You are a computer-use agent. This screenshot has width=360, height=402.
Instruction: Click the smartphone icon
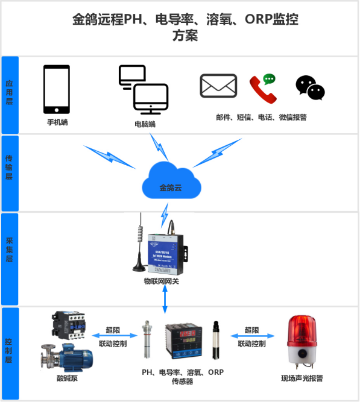56,89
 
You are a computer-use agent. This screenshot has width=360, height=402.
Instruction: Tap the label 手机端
57,122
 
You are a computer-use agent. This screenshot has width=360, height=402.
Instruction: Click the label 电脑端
145,124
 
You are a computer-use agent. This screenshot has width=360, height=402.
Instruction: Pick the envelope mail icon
218,86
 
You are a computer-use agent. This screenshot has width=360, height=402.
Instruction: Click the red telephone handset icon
262,88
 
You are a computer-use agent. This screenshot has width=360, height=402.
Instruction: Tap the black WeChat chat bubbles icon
310,87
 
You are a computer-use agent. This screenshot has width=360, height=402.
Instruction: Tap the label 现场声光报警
302,378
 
